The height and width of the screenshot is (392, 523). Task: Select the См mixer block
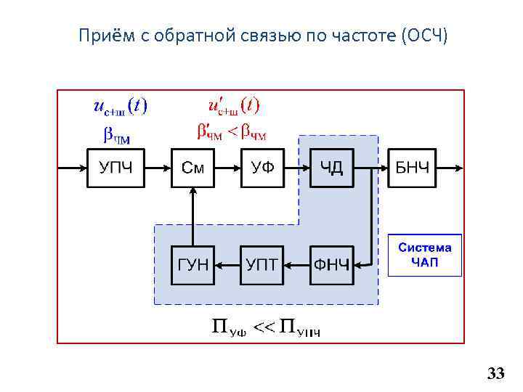pos(192,168)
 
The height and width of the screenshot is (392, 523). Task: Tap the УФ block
pos(262,168)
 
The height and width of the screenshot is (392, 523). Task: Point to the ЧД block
pos(332,168)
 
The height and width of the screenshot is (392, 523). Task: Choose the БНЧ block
pos(413,168)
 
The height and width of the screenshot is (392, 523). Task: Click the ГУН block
pos(192,265)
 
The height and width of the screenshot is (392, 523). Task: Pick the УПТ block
pos(262,265)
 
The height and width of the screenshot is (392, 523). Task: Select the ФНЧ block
pos(332,265)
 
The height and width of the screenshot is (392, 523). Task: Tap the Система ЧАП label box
pos(425,255)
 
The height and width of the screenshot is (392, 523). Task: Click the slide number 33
pos(495,374)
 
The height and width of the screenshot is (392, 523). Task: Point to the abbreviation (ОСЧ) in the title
pos(424,35)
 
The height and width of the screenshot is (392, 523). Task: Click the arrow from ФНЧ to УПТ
pos(297,265)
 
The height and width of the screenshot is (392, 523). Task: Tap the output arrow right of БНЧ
pos(450,168)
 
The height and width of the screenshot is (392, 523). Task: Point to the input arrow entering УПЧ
pos(73,168)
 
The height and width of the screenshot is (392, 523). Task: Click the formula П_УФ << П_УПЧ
pos(266,329)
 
